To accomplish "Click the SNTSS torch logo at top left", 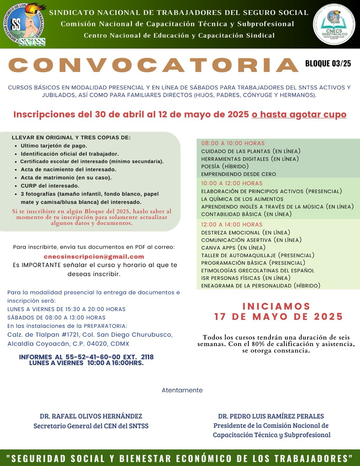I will tap(25, 24).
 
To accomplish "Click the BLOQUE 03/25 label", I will tap(328, 63).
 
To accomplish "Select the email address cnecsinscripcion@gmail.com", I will tap(94, 257).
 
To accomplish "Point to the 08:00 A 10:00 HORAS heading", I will tap(233, 143).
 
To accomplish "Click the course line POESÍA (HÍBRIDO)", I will tap(225, 166).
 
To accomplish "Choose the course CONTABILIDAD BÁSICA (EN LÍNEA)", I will tap(246, 214).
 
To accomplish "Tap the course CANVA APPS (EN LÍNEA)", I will tap(233, 248).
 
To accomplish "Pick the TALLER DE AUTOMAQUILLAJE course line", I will tap(258, 255).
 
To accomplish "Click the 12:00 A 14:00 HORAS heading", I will tap(232, 225).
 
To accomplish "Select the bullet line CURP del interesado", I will tap(50, 186).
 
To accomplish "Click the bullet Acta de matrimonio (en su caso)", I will tap(66, 178).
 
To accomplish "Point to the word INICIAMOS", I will tap(276, 306).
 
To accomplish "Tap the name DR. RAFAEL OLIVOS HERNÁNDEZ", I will tap(91, 416).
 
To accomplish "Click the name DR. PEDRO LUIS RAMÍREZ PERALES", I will tap(271, 416).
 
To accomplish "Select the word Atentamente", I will tap(182, 390).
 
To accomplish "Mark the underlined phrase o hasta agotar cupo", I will tap(299, 114).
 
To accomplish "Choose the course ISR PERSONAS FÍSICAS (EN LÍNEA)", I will tap(246, 278).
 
